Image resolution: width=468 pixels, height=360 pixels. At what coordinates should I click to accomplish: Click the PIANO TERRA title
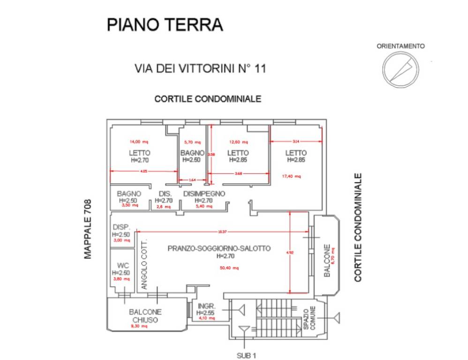pyautogui.click(x=165, y=24)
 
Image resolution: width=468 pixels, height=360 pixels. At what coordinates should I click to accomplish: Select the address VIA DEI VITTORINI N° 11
pyautogui.click(x=200, y=68)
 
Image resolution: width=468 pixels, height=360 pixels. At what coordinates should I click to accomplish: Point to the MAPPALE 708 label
pyautogui.click(x=88, y=229)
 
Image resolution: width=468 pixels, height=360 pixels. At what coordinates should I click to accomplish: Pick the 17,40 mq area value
pyautogui.click(x=291, y=176)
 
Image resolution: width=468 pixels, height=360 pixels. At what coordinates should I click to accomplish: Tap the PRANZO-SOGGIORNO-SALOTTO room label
pyautogui.click(x=219, y=249)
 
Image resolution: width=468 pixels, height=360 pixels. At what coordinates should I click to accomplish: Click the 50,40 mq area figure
pyautogui.click(x=229, y=268)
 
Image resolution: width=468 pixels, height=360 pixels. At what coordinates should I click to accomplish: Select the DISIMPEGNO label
pyautogui.click(x=204, y=194)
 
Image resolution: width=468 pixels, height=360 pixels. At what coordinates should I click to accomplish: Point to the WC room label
pyautogui.click(x=123, y=265)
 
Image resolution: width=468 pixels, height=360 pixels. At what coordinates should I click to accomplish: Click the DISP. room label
pyautogui.click(x=121, y=226)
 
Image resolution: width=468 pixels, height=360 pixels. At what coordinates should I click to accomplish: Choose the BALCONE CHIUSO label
pyautogui.click(x=145, y=316)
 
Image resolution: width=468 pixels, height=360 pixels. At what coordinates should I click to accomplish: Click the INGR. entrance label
pyautogui.click(x=205, y=305)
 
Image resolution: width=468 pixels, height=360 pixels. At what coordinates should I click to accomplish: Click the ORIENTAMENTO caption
pyautogui.click(x=401, y=46)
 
